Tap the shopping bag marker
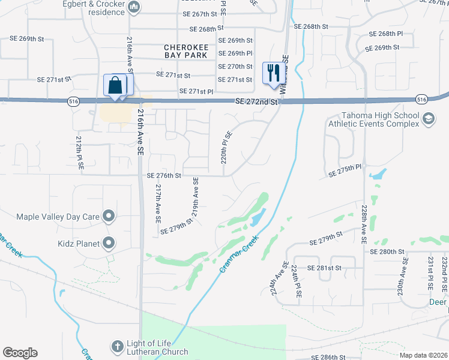[116, 85]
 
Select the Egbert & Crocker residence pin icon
[134, 8]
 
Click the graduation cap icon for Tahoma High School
[428, 119]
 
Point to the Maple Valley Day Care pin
[109, 215]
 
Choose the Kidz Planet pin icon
[109, 243]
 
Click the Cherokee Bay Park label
[186, 50]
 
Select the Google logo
[20, 353]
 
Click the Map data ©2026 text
[423, 355]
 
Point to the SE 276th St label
[164, 176]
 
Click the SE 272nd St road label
[257, 103]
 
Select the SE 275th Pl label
[346, 171]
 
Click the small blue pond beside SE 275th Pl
[378, 175]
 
